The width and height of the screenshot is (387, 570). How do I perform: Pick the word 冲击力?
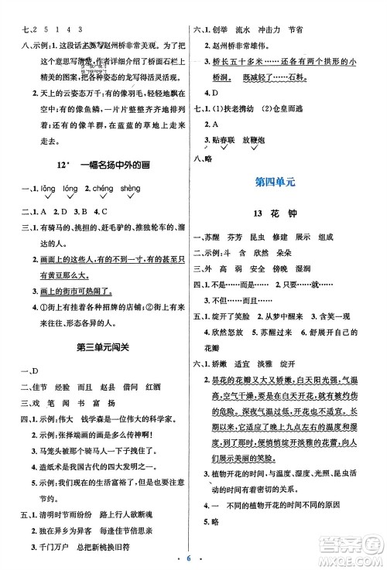[x=297, y=30]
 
